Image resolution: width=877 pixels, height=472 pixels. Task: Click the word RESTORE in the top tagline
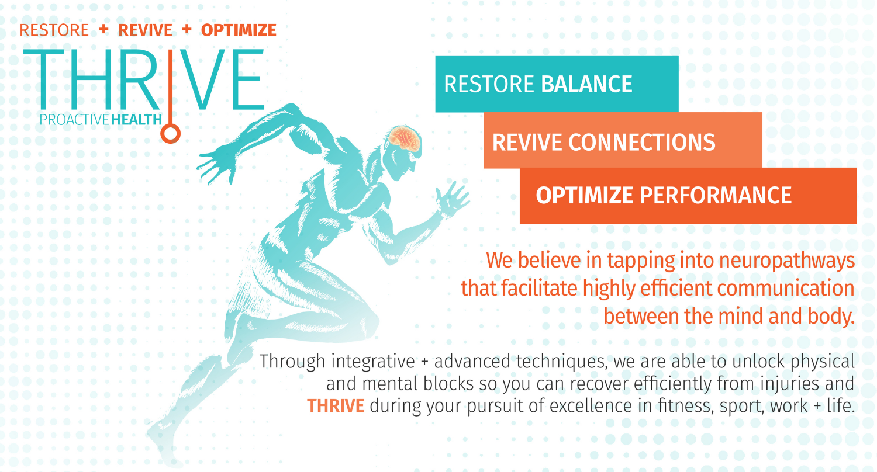[x=54, y=30]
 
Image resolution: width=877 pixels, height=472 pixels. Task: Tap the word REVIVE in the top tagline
[x=145, y=30]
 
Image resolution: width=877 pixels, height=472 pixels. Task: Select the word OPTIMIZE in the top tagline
[x=239, y=30]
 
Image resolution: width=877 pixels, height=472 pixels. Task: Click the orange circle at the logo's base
[x=170, y=133]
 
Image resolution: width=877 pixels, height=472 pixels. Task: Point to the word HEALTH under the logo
[x=137, y=120]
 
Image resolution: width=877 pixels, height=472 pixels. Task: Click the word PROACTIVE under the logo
[x=74, y=120]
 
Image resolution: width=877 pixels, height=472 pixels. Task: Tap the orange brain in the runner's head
[x=405, y=138]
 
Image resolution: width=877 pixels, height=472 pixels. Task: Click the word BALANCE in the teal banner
[x=586, y=84]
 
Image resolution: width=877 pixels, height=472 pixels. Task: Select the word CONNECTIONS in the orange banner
[x=642, y=142]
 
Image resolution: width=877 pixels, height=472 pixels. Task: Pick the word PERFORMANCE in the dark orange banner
[x=716, y=195]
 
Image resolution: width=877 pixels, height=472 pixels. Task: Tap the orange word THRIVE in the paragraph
[x=336, y=406]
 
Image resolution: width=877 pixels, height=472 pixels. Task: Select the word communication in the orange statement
[x=786, y=288]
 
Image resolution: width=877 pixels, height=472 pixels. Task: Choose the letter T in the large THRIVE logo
[x=43, y=79]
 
